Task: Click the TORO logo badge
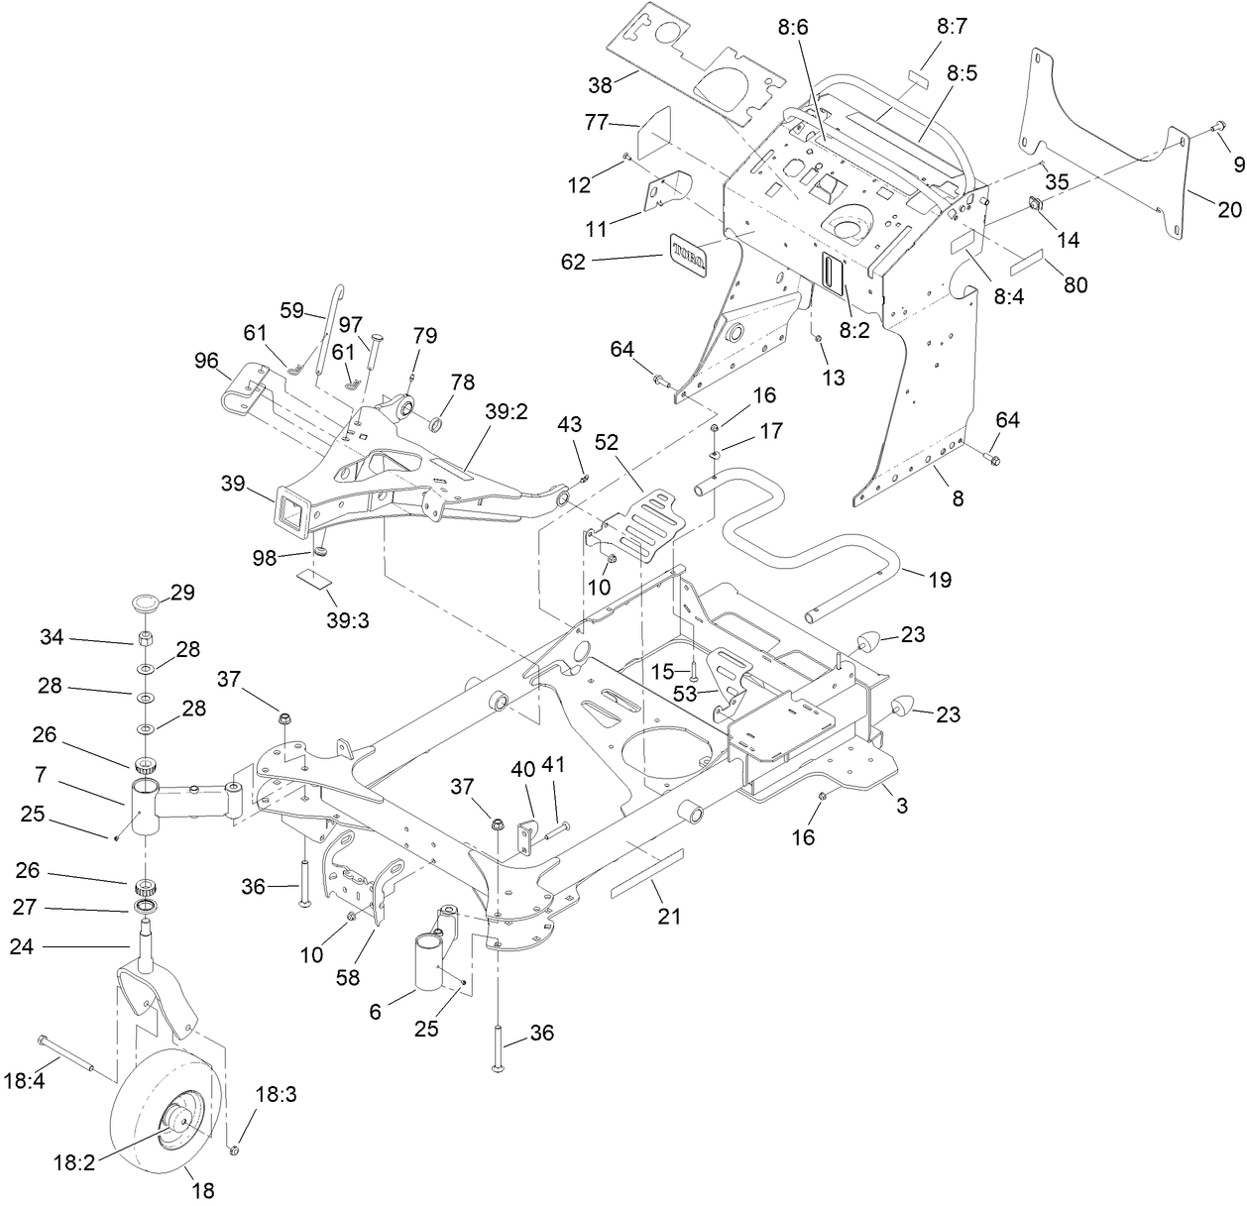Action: pyautogui.click(x=690, y=252)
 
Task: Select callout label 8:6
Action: pyautogui.click(x=793, y=28)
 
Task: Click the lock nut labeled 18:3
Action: pyautogui.click(x=234, y=1150)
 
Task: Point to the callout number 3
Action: pyautogui.click(x=901, y=806)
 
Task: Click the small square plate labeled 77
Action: pyautogui.click(x=653, y=133)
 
